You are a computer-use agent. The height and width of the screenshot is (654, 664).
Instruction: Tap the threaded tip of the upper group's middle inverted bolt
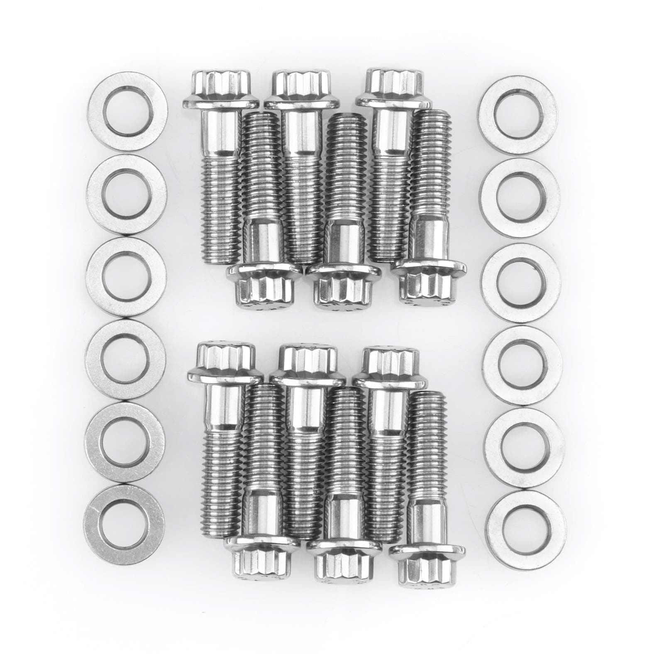click(x=346, y=124)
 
